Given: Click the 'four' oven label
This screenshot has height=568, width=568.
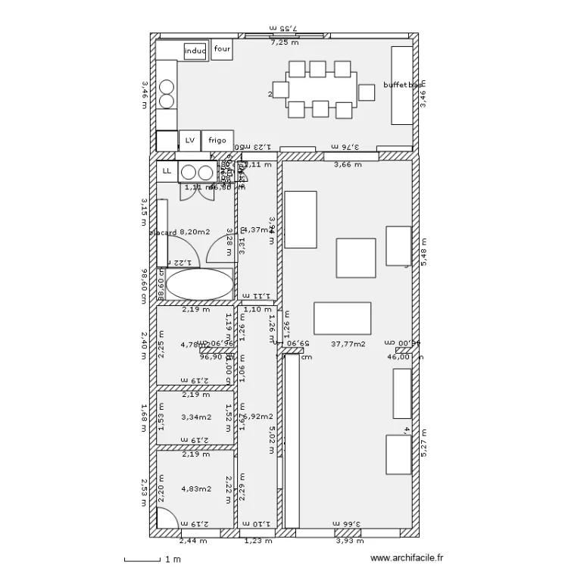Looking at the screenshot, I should coord(221,49).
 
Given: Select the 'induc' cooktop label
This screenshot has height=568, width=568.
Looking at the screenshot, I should coord(195,51).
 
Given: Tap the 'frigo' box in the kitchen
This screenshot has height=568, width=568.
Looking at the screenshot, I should coord(217,140).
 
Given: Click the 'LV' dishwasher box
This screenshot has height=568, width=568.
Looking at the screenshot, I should coord(189,140).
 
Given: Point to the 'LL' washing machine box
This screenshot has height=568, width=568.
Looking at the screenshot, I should coord(167,171).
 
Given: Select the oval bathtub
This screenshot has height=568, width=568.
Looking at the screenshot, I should coord(200,285).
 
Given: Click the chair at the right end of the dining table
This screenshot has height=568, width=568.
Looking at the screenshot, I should coord(367,92).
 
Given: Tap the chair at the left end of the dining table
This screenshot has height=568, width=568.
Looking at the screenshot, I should coord(281,90).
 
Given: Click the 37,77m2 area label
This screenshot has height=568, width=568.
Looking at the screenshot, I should coord(348,344).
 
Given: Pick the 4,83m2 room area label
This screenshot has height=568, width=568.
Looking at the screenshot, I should coord(195,488).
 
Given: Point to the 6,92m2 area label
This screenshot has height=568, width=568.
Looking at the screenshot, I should coord(259,417).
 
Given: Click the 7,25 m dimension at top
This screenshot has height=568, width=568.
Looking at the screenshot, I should coord(285,42).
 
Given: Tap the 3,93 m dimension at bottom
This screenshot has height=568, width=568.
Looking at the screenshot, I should coord(349,541).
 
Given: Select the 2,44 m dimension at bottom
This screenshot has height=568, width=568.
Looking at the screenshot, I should coord(192,541).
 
